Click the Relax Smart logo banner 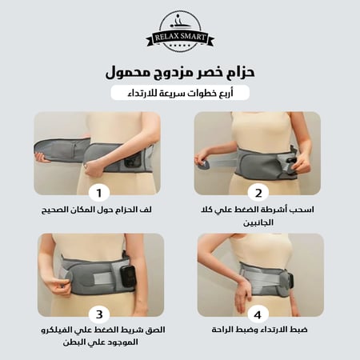(x=180, y=35)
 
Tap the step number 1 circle (x=98, y=193)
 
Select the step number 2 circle (x=257, y=193)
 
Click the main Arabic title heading (x=180, y=72)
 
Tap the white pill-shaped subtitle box (x=180, y=93)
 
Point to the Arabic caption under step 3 (x=98, y=335)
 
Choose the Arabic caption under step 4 (x=257, y=329)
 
